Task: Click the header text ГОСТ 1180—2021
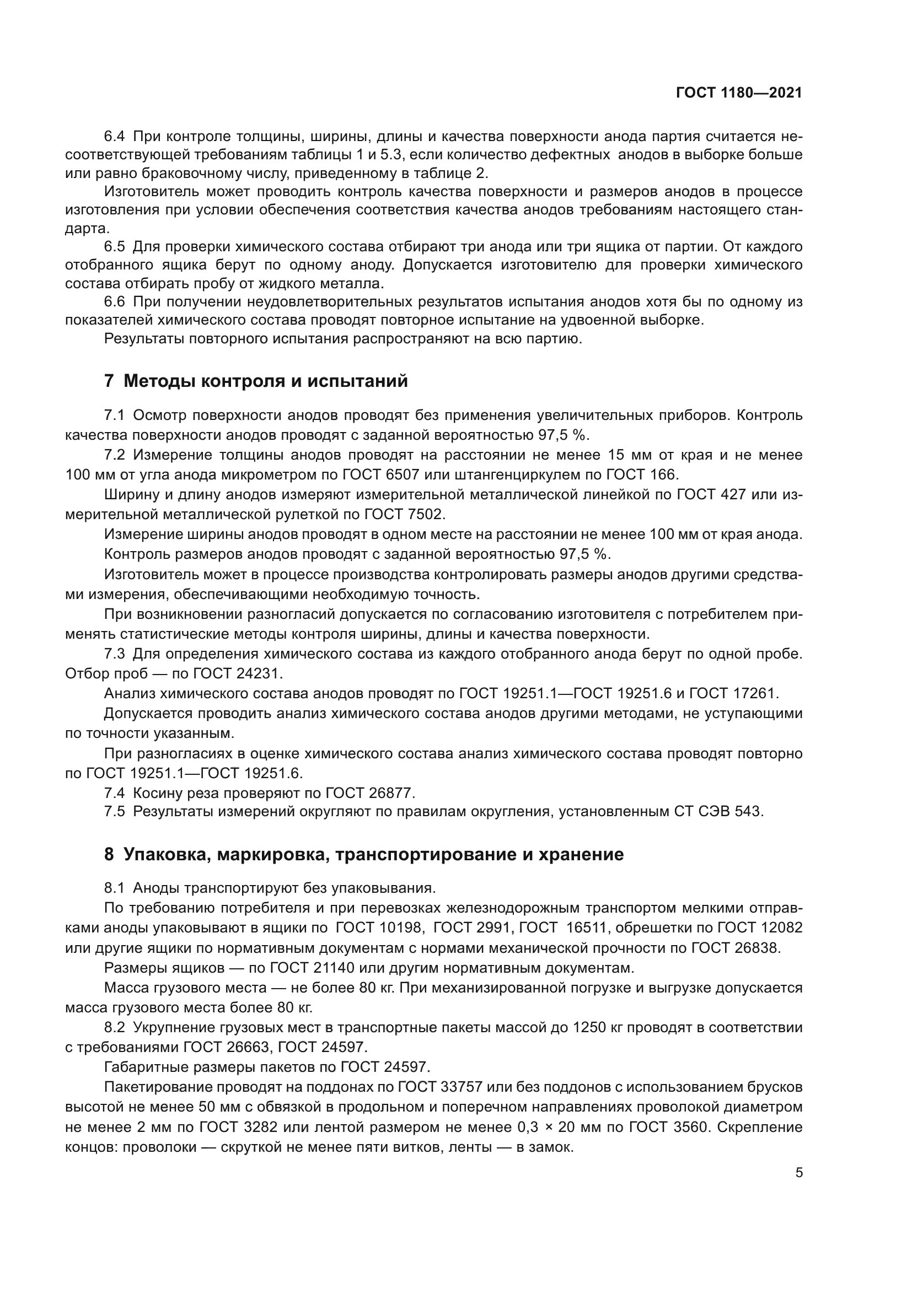coord(738,93)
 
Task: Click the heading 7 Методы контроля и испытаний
coord(256,381)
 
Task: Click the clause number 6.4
coord(115,137)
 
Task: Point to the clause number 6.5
coord(115,246)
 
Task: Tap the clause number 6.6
coord(115,302)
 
